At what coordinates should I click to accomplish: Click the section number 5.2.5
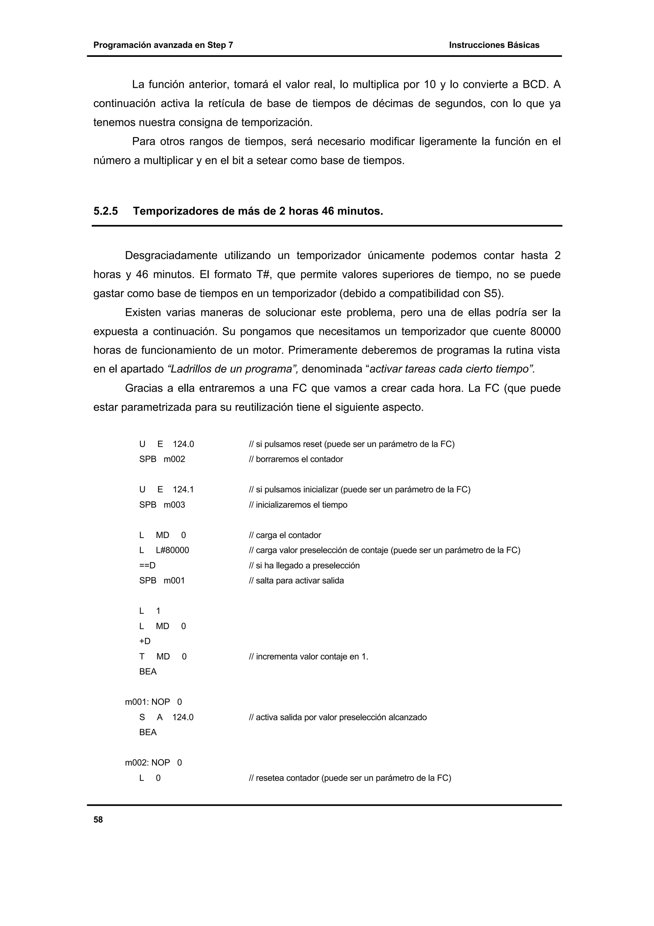[106, 211]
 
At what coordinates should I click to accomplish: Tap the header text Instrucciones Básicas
[494, 45]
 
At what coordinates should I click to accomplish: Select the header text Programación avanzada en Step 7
[163, 45]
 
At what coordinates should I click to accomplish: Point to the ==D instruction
[147, 566]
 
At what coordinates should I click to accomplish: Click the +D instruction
[145, 641]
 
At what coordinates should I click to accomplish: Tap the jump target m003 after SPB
[174, 505]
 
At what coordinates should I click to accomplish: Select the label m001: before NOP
[137, 702]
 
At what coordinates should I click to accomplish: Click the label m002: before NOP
[137, 763]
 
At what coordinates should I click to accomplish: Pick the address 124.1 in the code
[183, 490]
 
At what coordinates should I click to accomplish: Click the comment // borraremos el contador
[296, 459]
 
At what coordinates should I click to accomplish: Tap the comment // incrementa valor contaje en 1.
[309, 657]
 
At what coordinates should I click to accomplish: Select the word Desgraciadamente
[171, 256]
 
